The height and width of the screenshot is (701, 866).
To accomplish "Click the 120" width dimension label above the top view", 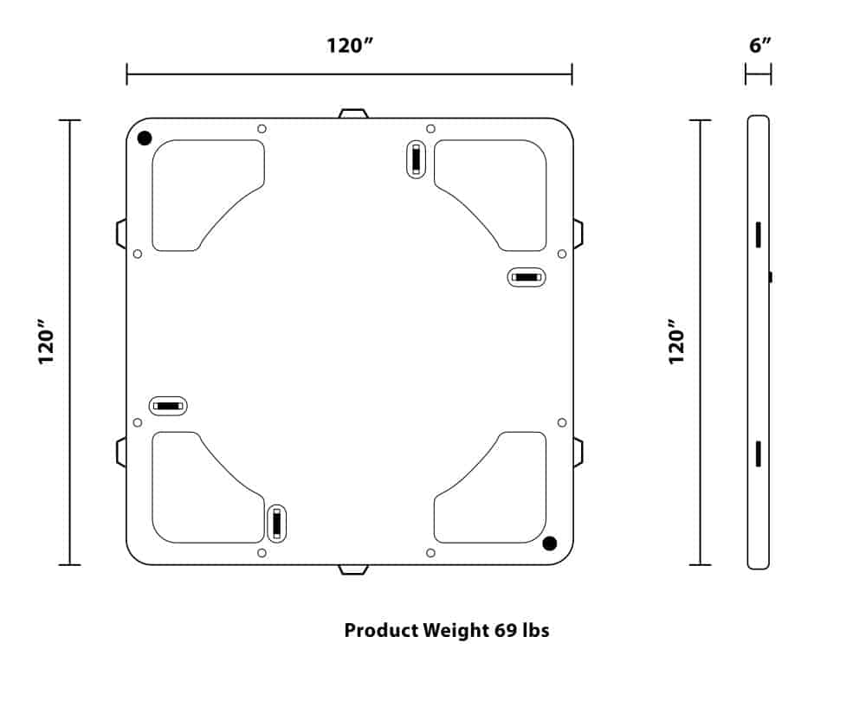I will pyautogui.click(x=349, y=45).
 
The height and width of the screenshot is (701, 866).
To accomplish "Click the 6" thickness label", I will pyautogui.click(x=759, y=45).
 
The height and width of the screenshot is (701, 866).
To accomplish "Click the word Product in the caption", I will pyautogui.click(x=380, y=630).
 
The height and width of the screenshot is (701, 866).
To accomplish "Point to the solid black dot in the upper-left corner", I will pyautogui.click(x=145, y=138).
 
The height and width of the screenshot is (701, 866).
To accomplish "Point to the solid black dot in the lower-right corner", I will pyautogui.click(x=549, y=543).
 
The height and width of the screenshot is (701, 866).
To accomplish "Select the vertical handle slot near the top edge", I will pyautogui.click(x=417, y=159).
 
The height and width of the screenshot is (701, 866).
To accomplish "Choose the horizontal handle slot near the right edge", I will pyautogui.click(x=526, y=277).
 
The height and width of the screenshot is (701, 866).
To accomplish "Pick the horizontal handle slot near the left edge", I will pyautogui.click(x=168, y=405).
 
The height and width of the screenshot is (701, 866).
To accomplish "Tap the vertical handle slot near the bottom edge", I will pyautogui.click(x=276, y=523).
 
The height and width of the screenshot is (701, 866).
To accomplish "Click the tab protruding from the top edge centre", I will pyautogui.click(x=353, y=113).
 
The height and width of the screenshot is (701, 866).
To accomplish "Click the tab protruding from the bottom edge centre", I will pyautogui.click(x=353, y=569).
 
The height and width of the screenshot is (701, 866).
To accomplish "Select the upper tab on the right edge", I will pyautogui.click(x=578, y=234).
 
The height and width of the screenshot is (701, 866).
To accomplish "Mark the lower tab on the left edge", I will pyautogui.click(x=121, y=452).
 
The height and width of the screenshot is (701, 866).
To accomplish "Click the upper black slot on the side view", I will pyautogui.click(x=758, y=234).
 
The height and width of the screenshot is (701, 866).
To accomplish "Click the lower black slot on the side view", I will pyautogui.click(x=758, y=453).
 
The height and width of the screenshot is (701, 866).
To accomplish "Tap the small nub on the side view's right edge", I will pyautogui.click(x=771, y=277).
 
